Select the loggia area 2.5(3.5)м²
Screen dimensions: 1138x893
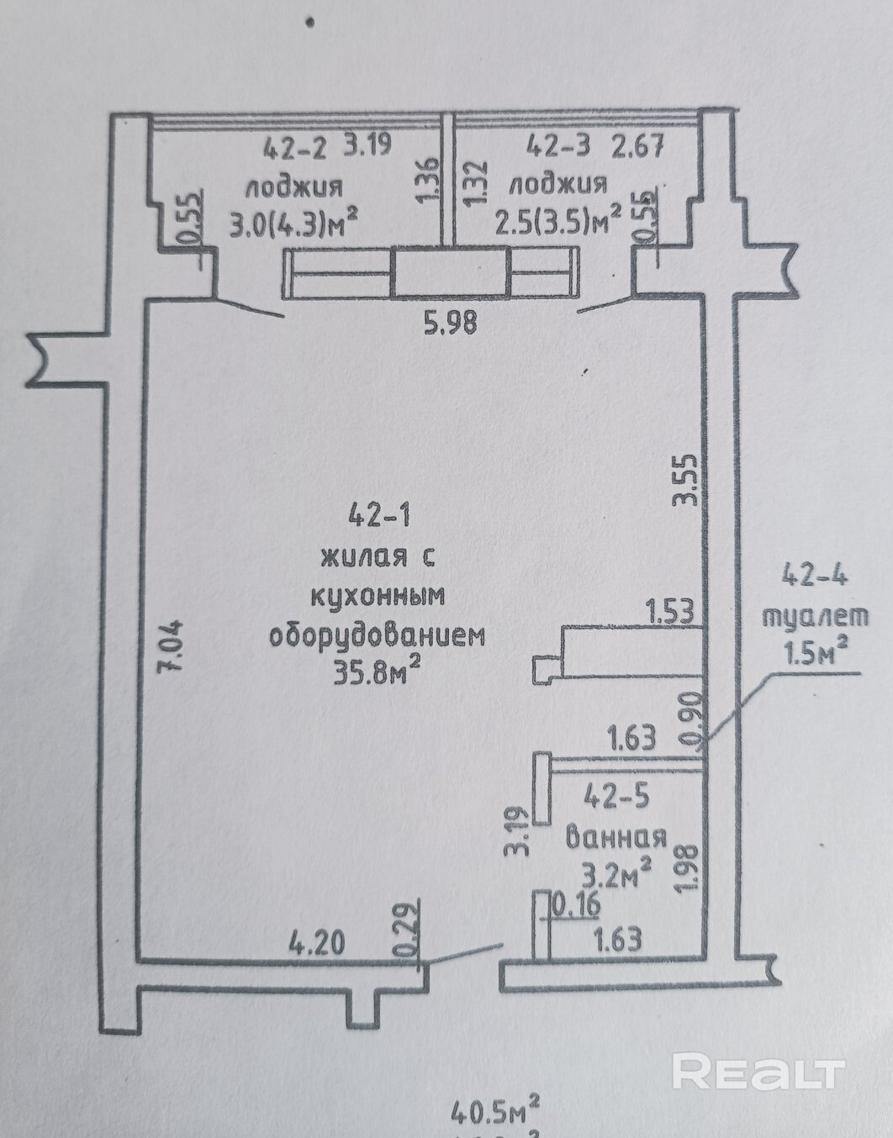pos(558,223)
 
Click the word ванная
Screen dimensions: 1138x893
pos(616,836)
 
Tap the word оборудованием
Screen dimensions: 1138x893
pos(377,635)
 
